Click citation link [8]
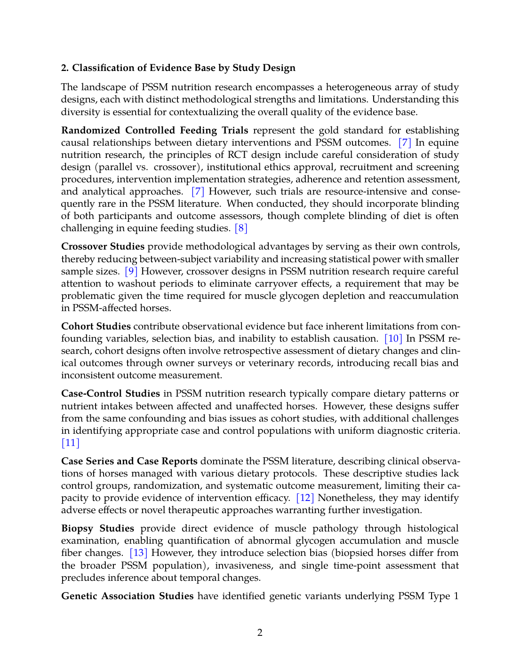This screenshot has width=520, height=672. (x=241, y=228)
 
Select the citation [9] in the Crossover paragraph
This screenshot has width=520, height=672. (x=131, y=271)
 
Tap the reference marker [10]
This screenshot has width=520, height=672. (x=393, y=338)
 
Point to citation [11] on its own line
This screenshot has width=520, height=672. (x=71, y=443)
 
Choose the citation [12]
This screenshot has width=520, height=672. (x=305, y=498)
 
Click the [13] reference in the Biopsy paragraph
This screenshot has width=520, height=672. (x=138, y=553)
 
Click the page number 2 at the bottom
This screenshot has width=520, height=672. (x=260, y=633)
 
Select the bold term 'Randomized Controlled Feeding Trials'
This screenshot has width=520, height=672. (x=154, y=130)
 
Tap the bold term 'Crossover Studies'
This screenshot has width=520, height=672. (x=103, y=246)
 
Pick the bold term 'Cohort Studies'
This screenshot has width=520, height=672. (x=96, y=326)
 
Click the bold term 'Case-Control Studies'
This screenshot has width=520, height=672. (x=111, y=393)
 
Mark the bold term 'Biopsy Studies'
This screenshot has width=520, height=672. (x=97, y=528)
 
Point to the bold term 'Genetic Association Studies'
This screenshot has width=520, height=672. (x=127, y=596)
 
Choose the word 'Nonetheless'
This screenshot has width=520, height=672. (x=350, y=498)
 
